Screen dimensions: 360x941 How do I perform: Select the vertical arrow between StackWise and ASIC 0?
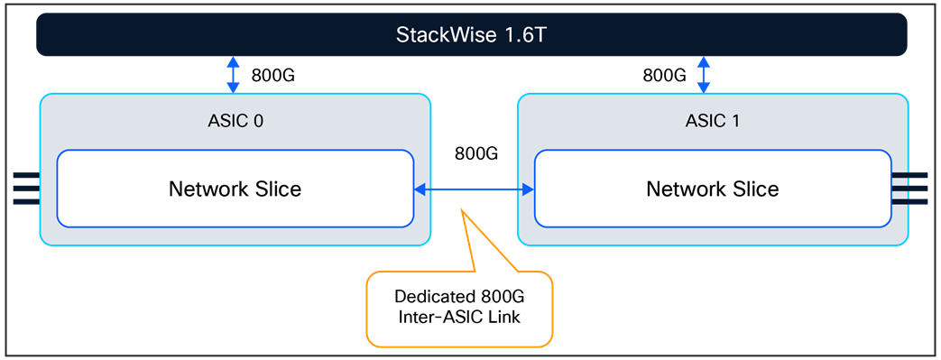233,75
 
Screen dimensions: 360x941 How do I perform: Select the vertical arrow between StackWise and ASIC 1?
704,75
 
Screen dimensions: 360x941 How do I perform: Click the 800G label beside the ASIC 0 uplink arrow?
272,76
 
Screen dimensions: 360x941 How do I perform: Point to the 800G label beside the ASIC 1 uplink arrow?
664,76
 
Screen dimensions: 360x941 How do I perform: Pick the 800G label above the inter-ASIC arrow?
476,153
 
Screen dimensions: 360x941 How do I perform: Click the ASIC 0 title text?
235,121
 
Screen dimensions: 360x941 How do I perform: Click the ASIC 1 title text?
713,121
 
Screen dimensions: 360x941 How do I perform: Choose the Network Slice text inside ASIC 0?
235,189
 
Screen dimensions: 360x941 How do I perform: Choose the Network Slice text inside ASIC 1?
713,189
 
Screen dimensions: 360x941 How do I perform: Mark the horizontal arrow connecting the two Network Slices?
475,189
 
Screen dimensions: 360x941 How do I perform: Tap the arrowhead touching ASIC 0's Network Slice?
420,189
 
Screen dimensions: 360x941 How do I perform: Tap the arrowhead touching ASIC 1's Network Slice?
529,189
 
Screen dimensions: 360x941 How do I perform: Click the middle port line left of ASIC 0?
25,189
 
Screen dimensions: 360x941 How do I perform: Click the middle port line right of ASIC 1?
917,189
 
